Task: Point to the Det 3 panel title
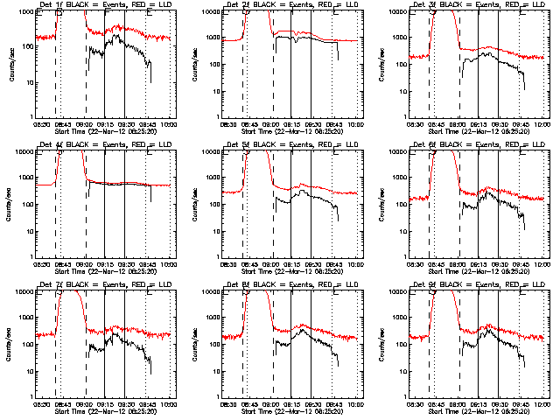(478, 5)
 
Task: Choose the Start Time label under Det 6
(479, 271)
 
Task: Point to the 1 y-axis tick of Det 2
(220, 118)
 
